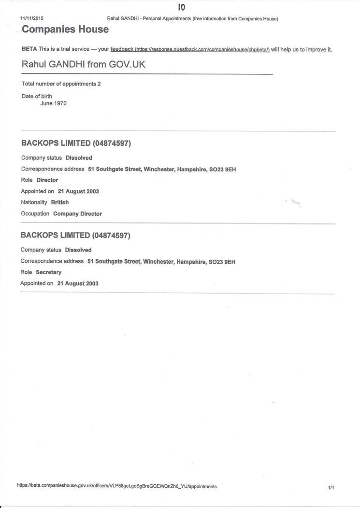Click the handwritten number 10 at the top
click(181, 7)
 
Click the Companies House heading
click(65, 29)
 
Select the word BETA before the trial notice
click(29, 49)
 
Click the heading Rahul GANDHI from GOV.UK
click(84, 64)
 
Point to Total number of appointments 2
click(61, 84)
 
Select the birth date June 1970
click(54, 103)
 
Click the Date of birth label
click(37, 96)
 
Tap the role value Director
click(47, 180)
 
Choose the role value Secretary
click(49, 272)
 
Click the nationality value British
click(60, 202)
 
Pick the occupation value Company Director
click(77, 213)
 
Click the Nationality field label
click(34, 202)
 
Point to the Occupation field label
click(35, 213)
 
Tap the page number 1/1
click(331, 488)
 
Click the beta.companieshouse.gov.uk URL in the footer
click(117, 486)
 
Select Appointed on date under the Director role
click(78, 191)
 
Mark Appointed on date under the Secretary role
click(78, 283)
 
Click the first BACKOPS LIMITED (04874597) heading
click(76, 143)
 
